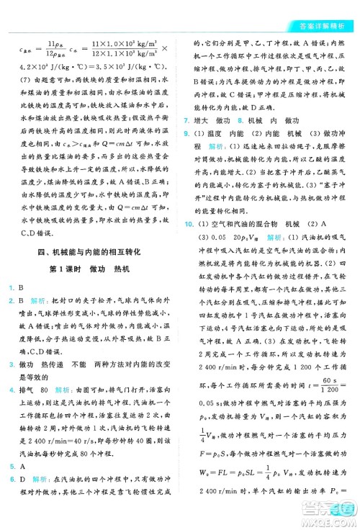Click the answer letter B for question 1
click(x=23, y=288)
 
